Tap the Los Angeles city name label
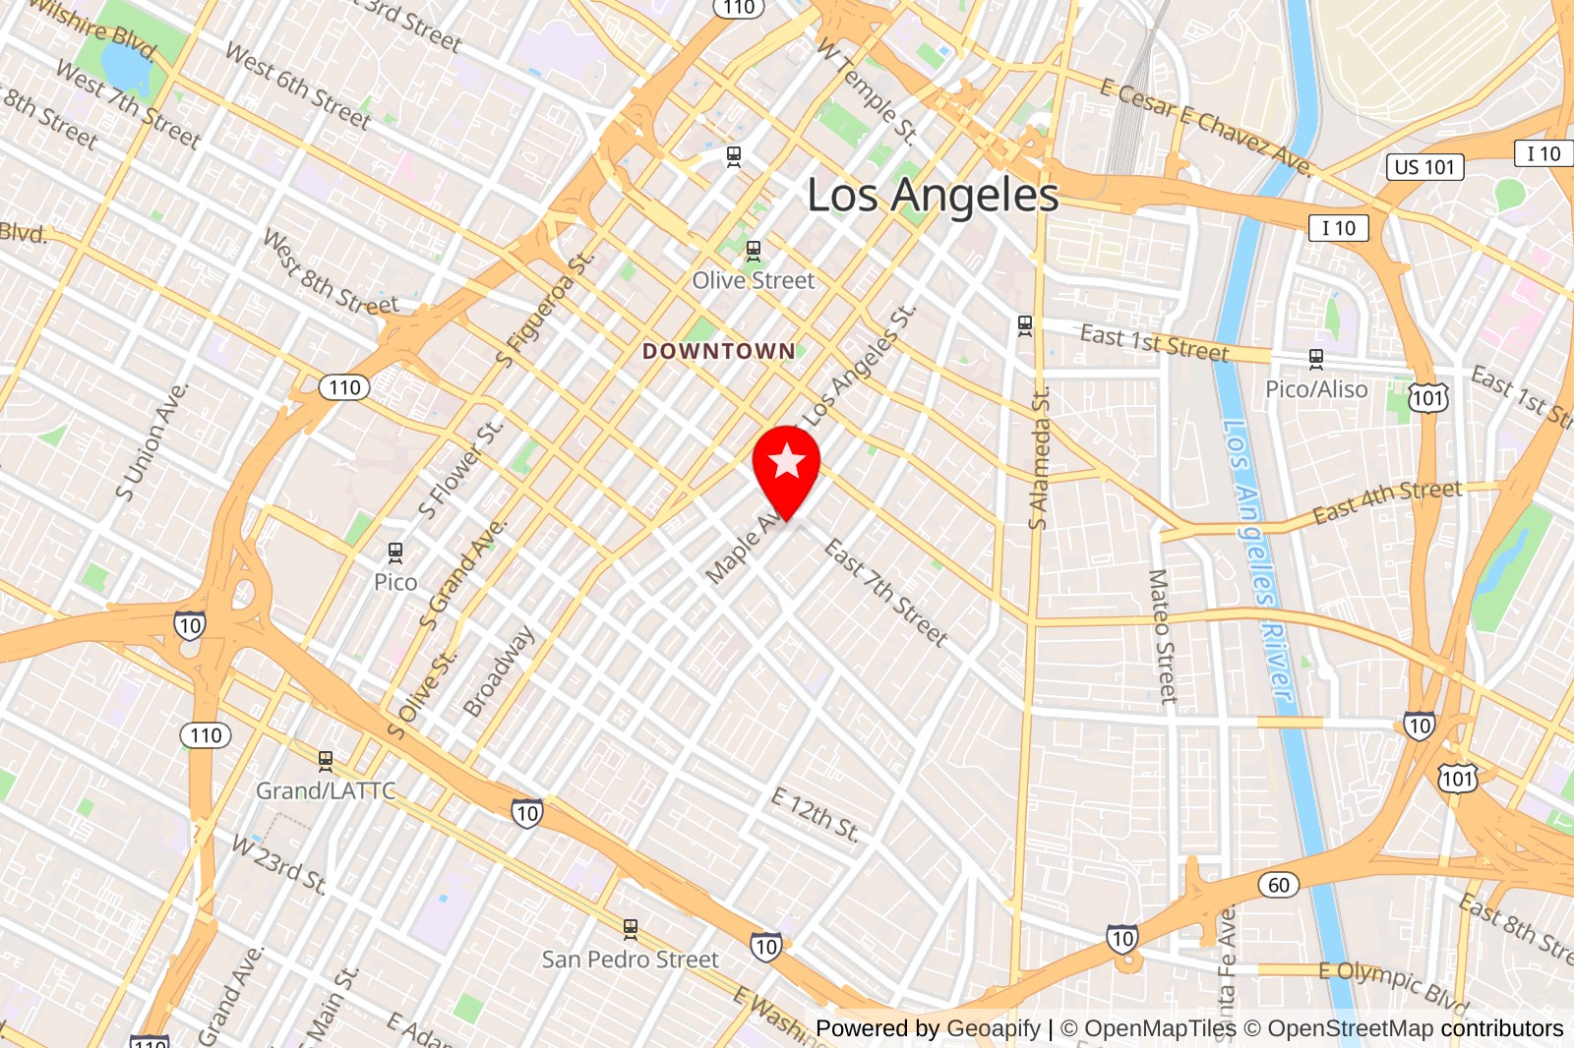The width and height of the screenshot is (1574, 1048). (933, 196)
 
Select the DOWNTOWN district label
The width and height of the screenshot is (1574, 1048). (718, 351)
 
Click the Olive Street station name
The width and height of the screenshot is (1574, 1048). (754, 280)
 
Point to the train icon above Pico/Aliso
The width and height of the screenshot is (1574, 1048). (1316, 359)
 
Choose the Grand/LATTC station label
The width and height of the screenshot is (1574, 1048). (326, 790)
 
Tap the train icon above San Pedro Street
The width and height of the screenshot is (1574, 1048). (631, 928)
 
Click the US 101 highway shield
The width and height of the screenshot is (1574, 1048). (1424, 167)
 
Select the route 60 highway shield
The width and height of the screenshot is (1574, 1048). (1278, 885)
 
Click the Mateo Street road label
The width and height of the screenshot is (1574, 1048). (1163, 636)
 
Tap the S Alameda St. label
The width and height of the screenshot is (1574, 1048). (1039, 458)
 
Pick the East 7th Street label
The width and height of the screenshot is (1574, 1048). (886, 592)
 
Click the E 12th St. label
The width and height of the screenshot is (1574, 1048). (816, 815)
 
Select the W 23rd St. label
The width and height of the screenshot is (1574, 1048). (279, 863)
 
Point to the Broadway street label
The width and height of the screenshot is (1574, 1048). (499, 670)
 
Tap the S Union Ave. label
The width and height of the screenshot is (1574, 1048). (151, 441)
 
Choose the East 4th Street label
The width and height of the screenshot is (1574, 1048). (1387, 501)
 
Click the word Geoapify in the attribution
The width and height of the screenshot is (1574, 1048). (994, 1028)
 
